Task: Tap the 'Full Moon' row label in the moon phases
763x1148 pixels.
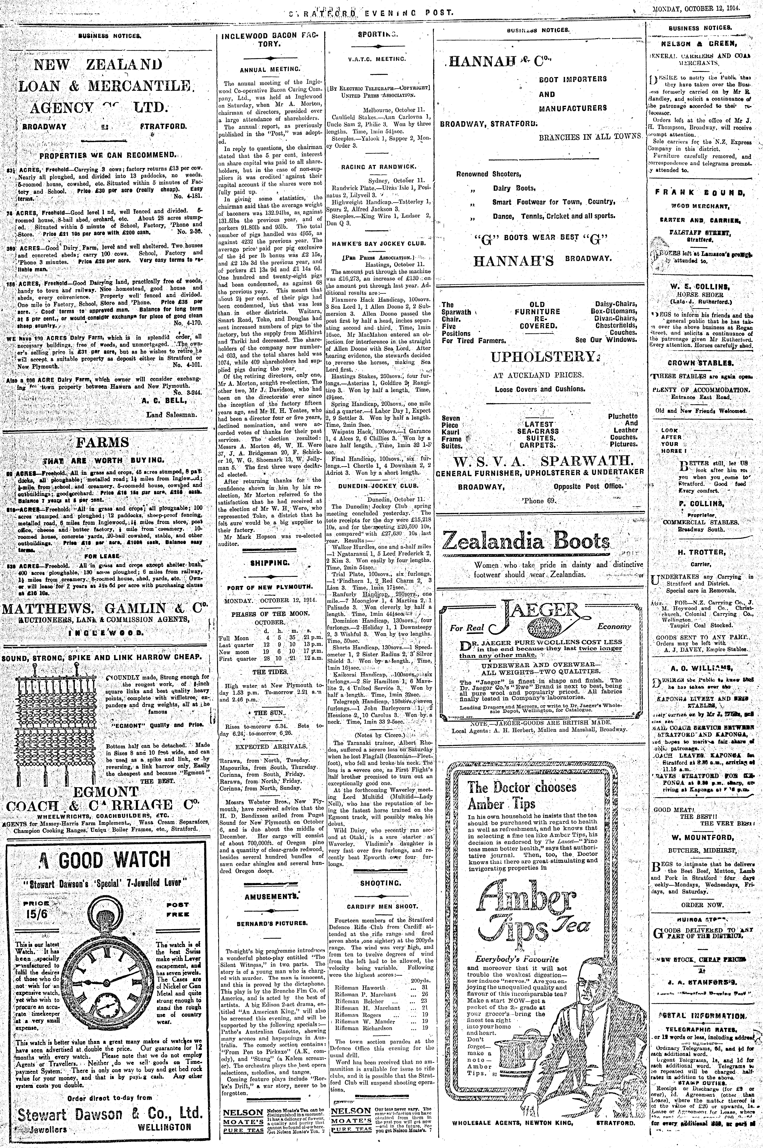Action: click(x=231, y=637)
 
